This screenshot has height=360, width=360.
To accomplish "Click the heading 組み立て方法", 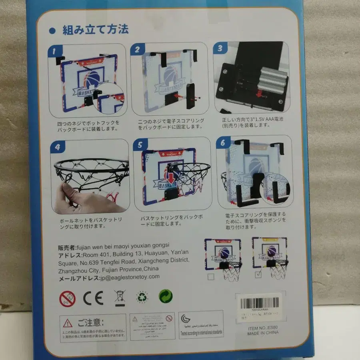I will point(95,30).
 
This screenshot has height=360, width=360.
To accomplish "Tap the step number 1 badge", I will point(55,51).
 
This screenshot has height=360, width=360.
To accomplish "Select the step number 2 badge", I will point(137,50).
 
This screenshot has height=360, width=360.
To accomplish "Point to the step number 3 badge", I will point(220,49).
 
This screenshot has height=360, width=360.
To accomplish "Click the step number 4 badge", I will point(58,147).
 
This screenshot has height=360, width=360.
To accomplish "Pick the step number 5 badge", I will point(140,145).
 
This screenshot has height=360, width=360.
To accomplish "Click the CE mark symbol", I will point(93,298).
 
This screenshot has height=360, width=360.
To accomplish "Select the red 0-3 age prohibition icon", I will point(67,298).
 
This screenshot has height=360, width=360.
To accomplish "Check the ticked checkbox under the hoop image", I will point(258,274).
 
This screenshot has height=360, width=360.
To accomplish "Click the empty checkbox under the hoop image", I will point(211,276).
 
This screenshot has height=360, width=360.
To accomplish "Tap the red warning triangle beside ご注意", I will point(68,323).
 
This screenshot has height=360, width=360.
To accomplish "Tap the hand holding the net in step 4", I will point(80,198).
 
